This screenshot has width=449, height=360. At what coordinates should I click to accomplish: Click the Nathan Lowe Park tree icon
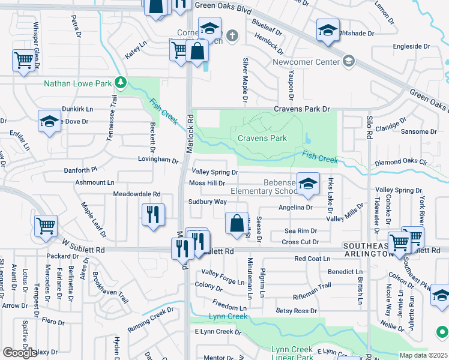coord(121,82)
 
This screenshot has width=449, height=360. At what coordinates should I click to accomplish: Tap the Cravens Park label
coord(262,138)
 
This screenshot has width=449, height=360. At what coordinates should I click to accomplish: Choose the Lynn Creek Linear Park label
coord(292,353)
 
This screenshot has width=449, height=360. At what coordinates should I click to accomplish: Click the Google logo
coord(20,353)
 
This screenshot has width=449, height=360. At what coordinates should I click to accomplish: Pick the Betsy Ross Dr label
coord(296,311)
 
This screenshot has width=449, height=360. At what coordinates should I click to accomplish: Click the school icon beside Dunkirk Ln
coord(49,121)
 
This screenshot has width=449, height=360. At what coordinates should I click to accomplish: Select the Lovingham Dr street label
coord(158,161)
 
